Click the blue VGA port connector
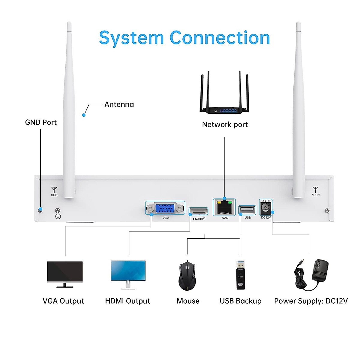pyautogui.click(x=165, y=208)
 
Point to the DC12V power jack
pyautogui.click(x=266, y=208)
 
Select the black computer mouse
pyautogui.click(x=187, y=275)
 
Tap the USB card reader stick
pyautogui.click(x=241, y=275)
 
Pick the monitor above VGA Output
pyautogui.click(x=65, y=274)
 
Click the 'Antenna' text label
pyautogui.click(x=119, y=104)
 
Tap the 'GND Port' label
pyautogui.click(x=41, y=122)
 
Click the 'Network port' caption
pyautogui.click(x=225, y=124)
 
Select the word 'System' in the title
pyautogui.click(x=131, y=38)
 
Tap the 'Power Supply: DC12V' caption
pyautogui.click(x=311, y=301)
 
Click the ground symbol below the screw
pyautogui.click(x=58, y=216)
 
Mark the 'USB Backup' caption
pyautogui.click(x=240, y=301)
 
